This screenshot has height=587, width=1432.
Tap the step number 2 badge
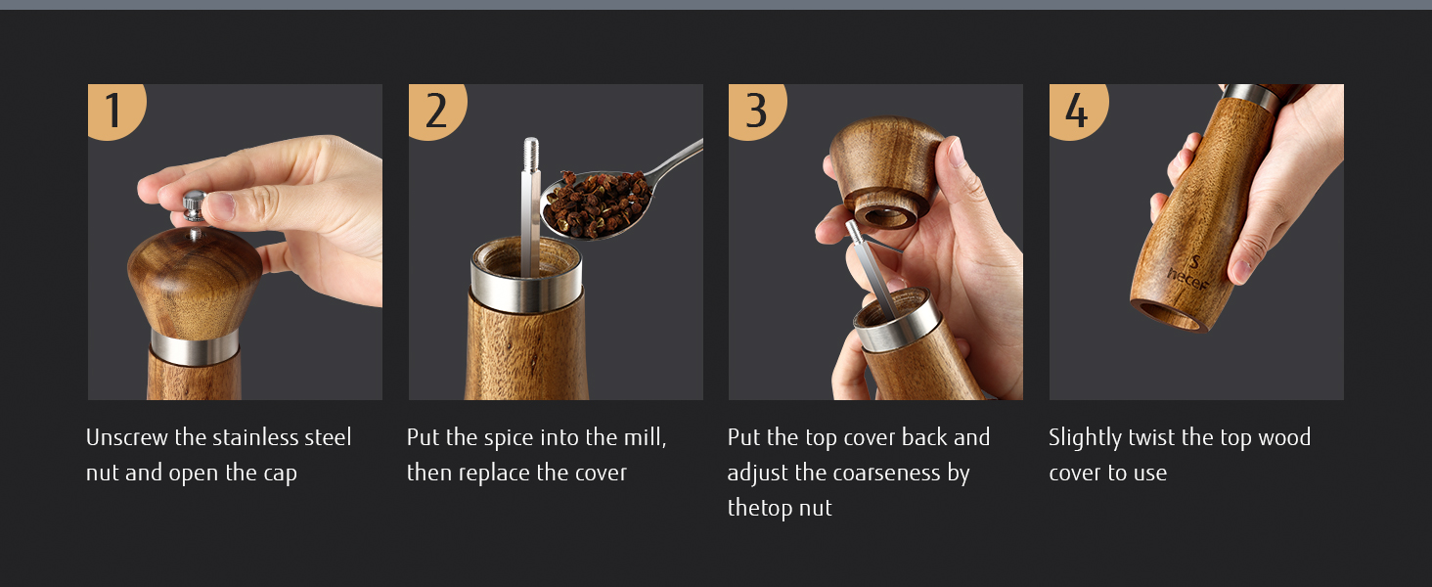pos(435,110)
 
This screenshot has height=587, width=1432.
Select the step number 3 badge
pos(755,110)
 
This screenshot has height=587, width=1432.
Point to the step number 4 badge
pos(1077,110)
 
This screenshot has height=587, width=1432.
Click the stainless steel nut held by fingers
pos(195,205)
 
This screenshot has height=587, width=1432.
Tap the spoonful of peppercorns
pos(598,203)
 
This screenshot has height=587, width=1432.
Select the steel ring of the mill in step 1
pos(195,347)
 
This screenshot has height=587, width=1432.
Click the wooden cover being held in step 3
pos(885,170)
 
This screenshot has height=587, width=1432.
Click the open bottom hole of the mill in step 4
pos(1169,315)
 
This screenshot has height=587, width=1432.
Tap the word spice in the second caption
pos(509,438)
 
